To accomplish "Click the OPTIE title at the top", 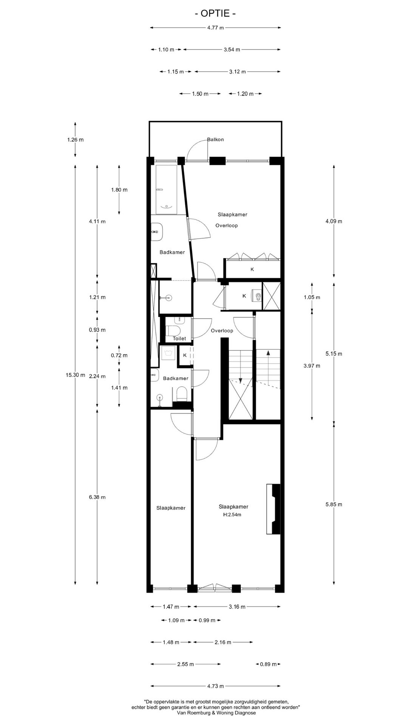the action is (x=215, y=14).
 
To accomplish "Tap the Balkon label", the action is (x=215, y=139).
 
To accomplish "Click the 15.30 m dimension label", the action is (x=75, y=375).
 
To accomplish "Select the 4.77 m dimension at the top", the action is (x=215, y=28).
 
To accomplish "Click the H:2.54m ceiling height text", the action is (x=232, y=515).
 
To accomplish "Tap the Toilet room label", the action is (x=179, y=339).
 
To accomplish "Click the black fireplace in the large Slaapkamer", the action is (x=274, y=509).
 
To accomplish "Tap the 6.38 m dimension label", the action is (x=97, y=497).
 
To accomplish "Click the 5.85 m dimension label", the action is (x=334, y=504).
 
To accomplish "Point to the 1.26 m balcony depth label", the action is (x=75, y=140).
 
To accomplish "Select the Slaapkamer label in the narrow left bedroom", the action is (x=171, y=508).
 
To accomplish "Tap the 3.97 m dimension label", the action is (x=312, y=366).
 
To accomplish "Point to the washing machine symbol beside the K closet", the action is (x=167, y=353).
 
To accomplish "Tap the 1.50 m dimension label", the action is (x=200, y=94).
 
